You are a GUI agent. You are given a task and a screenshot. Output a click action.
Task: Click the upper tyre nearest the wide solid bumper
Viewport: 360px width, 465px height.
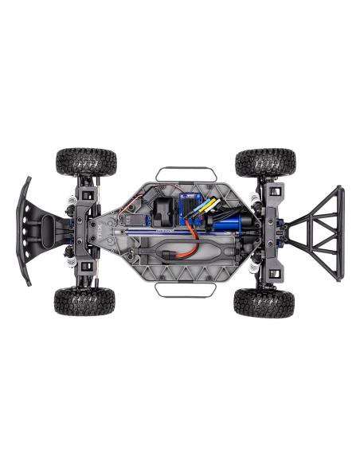tap(85, 161)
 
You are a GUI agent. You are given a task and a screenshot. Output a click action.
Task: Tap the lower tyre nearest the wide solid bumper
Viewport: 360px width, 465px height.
tap(84, 302)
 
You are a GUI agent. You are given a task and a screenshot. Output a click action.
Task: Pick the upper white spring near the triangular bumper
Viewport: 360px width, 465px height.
tap(256, 197)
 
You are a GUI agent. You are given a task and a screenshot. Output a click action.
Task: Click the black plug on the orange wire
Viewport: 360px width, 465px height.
tap(174, 256)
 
